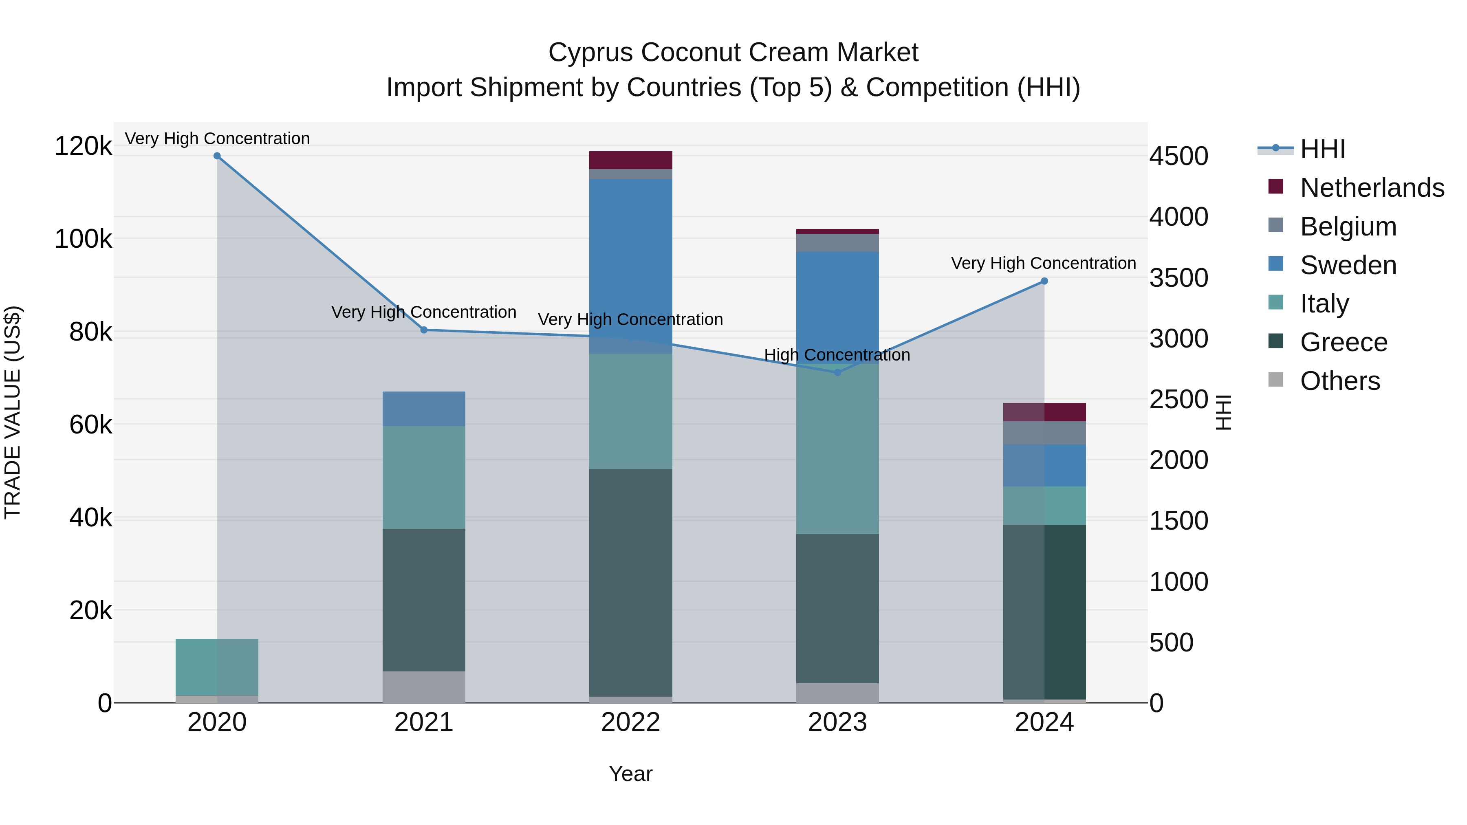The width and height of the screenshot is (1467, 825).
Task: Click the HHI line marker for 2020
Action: pos(217,156)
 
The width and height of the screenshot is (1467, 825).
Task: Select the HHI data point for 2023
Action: pos(837,372)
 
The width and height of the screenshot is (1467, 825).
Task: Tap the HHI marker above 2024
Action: pos(1044,281)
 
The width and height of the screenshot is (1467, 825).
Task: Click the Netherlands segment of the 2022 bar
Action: pos(630,160)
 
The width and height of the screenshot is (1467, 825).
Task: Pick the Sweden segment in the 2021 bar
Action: pos(424,409)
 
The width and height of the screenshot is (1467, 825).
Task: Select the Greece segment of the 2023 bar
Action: pos(837,608)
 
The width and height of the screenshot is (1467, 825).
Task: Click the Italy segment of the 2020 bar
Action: pos(217,667)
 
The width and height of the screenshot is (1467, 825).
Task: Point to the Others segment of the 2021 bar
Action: pos(424,686)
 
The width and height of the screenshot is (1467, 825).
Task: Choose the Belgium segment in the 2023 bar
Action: pos(837,242)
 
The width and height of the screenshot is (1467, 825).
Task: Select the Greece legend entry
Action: pos(1344,342)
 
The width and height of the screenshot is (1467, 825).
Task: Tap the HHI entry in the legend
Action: pos(1322,149)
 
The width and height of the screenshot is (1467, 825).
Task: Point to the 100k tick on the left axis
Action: pos(83,239)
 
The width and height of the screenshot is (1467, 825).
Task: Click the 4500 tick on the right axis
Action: pos(1178,156)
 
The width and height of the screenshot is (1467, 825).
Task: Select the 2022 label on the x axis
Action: pos(630,722)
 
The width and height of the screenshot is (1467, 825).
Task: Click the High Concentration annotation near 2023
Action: pos(837,355)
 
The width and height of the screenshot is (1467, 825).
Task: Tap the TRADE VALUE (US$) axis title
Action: pos(13,412)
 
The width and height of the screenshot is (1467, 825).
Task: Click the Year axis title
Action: pos(630,774)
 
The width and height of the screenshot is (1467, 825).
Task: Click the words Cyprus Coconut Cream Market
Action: pos(733,53)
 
